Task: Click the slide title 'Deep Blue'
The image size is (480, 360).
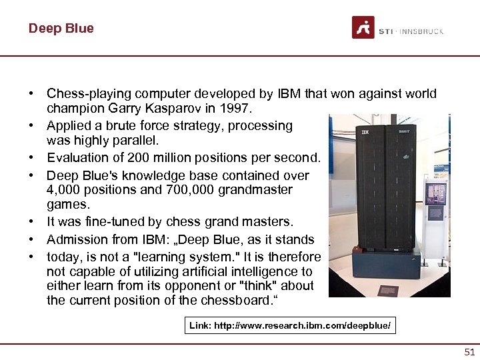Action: click(x=61, y=28)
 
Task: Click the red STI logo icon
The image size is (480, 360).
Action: click(x=363, y=28)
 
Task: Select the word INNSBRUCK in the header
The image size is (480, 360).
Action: click(x=421, y=31)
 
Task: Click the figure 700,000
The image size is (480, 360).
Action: click(x=160, y=190)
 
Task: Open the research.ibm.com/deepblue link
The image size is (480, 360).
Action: click(x=289, y=326)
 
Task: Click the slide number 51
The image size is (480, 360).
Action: click(x=469, y=352)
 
